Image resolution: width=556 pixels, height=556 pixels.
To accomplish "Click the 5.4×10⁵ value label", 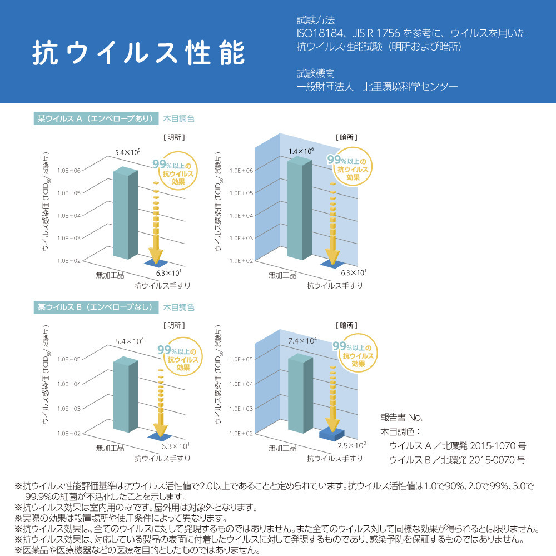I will pos(128,152).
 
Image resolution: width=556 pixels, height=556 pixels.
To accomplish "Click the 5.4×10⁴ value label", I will pos(129,340).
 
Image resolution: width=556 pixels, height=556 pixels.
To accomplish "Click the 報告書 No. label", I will pos(401,418).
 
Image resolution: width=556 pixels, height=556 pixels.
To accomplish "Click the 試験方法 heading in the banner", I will pos(316,20).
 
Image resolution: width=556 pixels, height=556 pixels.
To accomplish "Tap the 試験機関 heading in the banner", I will pos(316,73).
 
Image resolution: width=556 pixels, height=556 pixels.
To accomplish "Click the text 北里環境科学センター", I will pos(410,87).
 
